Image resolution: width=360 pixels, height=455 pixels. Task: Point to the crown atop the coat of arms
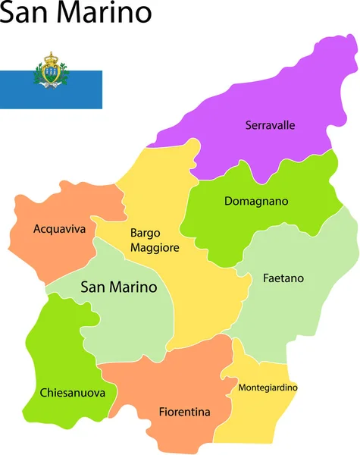pyautogui.click(x=51, y=57)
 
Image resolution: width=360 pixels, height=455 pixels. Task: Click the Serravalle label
pyautogui.click(x=270, y=125)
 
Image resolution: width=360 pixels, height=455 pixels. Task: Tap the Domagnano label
pyautogui.click(x=256, y=202)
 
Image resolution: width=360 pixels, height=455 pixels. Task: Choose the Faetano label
pyautogui.click(x=283, y=278)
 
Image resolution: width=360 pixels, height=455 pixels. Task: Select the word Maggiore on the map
pyautogui.click(x=155, y=248)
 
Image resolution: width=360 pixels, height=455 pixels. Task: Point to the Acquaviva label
pyautogui.click(x=60, y=228)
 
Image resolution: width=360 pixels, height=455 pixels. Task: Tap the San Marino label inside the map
pyautogui.click(x=118, y=287)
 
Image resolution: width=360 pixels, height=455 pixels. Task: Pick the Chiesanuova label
pyautogui.click(x=67, y=393)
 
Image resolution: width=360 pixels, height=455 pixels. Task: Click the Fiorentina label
pyautogui.click(x=184, y=412)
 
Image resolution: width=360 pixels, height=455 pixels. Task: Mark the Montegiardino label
pyautogui.click(x=268, y=388)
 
